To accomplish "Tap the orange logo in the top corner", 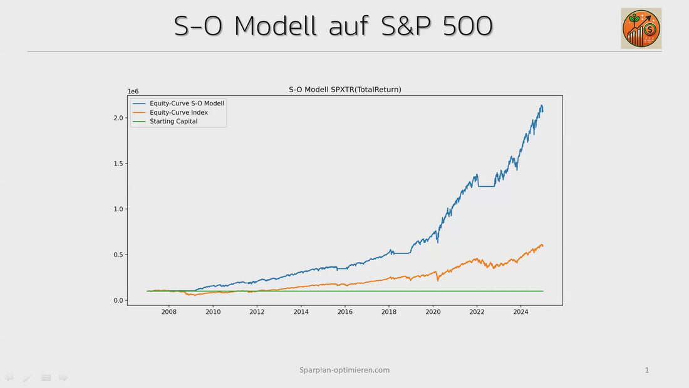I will click(641, 28).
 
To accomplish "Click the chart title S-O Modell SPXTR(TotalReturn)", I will click(344, 90).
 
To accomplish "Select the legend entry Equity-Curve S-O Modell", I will click(187, 103).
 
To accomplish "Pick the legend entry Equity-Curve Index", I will click(179, 113).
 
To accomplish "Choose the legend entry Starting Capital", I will click(174, 122).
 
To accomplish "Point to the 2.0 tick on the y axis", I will click(118, 118).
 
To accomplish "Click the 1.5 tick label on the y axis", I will click(118, 164).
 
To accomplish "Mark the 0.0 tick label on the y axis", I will click(118, 301).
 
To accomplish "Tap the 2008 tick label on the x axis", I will click(168, 312).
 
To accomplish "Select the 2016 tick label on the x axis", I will click(345, 312).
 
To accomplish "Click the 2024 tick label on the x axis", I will click(521, 312).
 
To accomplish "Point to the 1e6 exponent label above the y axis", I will click(133, 92).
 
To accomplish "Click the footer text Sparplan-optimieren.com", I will click(344, 370).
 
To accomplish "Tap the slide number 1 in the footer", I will click(647, 370).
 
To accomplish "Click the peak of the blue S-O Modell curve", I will click(541, 105).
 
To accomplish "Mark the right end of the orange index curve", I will click(542, 245).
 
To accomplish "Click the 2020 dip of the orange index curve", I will click(438, 280).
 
